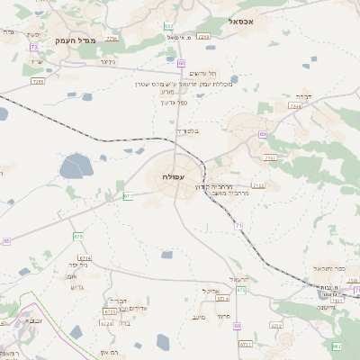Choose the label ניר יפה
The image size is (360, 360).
pos(78,265)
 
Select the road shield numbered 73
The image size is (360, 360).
pos(34,47)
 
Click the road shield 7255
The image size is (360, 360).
pos(38,81)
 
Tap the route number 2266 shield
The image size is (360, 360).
pos(112,39)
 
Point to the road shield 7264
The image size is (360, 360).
pos(295,106)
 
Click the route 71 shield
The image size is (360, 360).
pos(238,226)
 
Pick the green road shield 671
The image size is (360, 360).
pos(128,195)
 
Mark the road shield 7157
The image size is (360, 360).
pos(271,157)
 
